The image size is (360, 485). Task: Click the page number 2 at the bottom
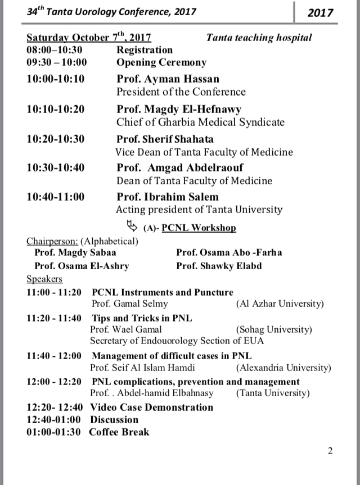pyautogui.click(x=330, y=451)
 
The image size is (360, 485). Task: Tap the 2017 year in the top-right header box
pyautogui.click(x=321, y=12)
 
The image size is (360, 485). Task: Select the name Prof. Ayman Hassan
pyautogui.click(x=168, y=79)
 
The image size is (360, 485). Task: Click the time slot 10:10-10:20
pyautogui.click(x=55, y=109)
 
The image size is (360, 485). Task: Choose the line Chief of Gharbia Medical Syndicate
pyautogui.click(x=200, y=122)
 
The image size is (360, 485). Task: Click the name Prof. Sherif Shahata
pyautogui.click(x=165, y=139)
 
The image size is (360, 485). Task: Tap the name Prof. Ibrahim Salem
pyautogui.click(x=167, y=197)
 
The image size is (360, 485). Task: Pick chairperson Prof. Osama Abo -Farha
pyautogui.click(x=229, y=253)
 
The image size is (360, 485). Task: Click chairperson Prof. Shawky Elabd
pyautogui.click(x=219, y=266)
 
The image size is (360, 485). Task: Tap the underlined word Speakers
pyautogui.click(x=44, y=279)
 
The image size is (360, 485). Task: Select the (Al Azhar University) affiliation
pyautogui.click(x=280, y=304)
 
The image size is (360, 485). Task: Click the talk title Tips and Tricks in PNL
pyautogui.click(x=142, y=318)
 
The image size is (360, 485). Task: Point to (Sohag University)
pyautogui.click(x=274, y=329)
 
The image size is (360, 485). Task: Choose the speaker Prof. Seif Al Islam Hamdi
pyautogui.click(x=142, y=368)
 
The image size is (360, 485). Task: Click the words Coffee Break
pyautogui.click(x=119, y=432)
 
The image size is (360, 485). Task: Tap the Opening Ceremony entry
pyautogui.click(x=161, y=62)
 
